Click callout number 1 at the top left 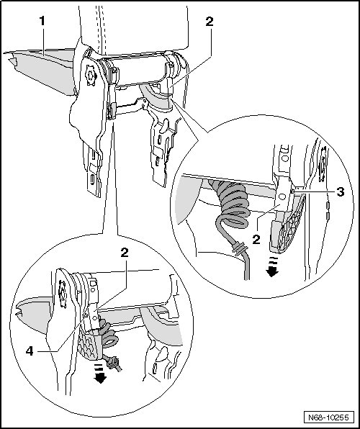click(42, 21)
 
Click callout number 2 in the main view click(209, 22)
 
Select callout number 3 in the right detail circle click(341, 192)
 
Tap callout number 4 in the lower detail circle click(30, 351)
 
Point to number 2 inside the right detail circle click(256, 240)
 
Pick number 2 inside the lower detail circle click(125, 253)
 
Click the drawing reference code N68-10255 click(329, 417)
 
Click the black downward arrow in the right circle click(272, 267)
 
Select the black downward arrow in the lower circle click(100, 374)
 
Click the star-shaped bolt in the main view click(89, 75)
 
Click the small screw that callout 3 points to click(292, 191)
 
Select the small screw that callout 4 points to click(85, 315)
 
